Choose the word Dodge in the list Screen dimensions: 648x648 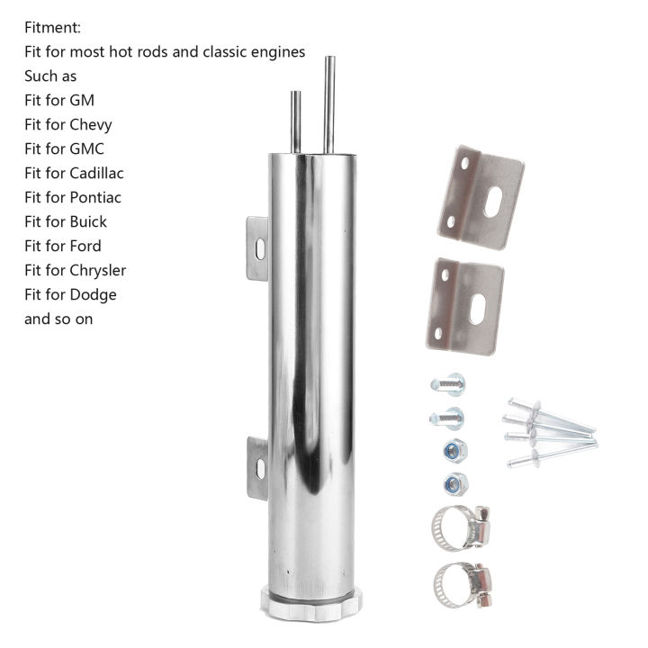(93, 294)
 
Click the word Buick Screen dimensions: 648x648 (87, 221)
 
